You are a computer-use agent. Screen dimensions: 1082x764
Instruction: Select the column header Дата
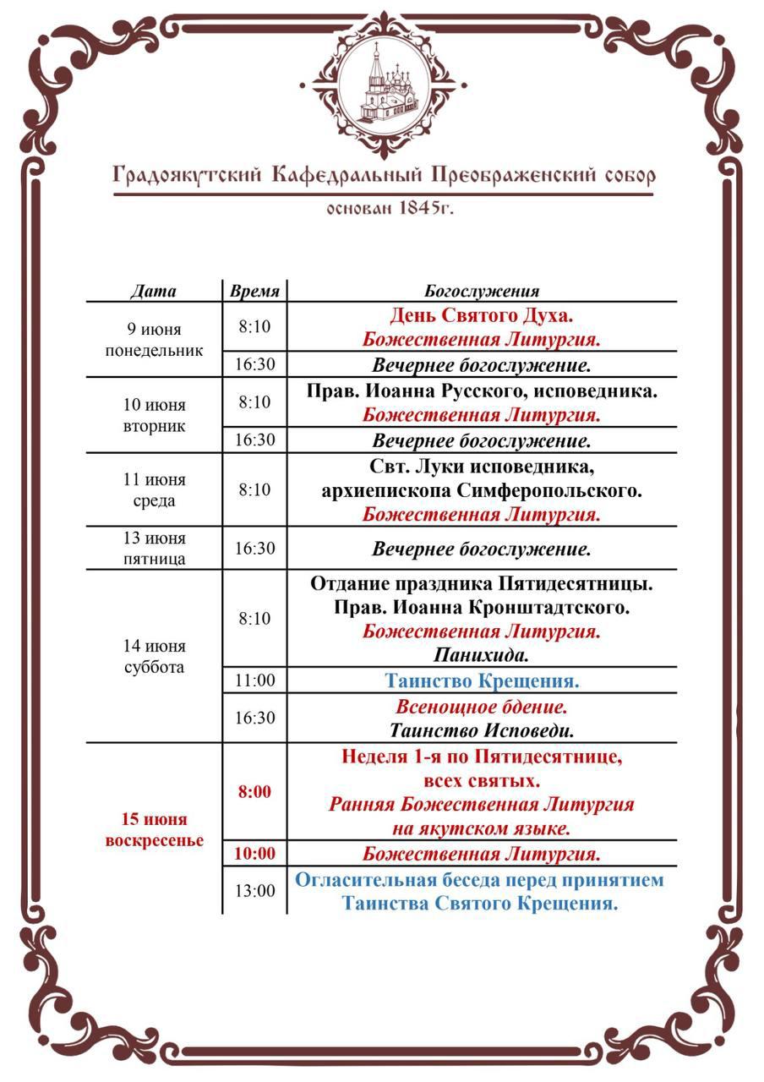(154, 292)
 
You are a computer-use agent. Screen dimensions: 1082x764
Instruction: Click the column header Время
(254, 292)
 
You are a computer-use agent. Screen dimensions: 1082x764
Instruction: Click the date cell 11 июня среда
(154, 490)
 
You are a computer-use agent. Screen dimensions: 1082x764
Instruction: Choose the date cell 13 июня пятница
(154, 549)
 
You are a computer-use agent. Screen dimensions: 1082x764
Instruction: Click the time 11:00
(254, 680)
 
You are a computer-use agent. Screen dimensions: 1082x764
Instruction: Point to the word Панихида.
(482, 655)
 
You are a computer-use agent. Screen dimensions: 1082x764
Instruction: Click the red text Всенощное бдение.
(482, 706)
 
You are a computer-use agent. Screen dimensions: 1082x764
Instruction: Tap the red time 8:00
(254, 792)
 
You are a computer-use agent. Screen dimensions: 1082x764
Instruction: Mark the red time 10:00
(254, 854)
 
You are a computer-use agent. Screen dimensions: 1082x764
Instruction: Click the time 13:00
(254, 891)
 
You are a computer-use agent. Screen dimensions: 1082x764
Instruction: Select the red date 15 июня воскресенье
(154, 830)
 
